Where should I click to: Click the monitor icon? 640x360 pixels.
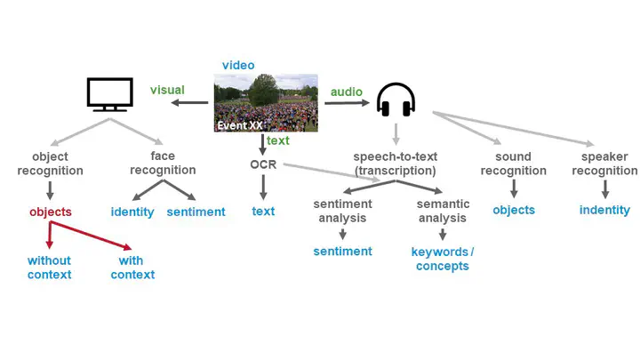[x=110, y=94]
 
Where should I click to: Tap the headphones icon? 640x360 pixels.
[x=396, y=100]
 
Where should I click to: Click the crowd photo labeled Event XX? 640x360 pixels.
[x=266, y=103]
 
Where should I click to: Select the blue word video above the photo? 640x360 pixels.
[x=238, y=65]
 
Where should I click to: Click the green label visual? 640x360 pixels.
[x=167, y=90]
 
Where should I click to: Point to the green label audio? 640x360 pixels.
[x=347, y=92]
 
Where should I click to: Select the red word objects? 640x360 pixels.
[x=50, y=212]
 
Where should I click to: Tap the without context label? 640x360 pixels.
[x=49, y=268]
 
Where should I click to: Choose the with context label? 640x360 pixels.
[x=132, y=268]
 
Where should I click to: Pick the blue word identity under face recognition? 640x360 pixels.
[x=132, y=212]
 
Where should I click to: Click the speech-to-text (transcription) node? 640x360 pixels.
[x=395, y=164]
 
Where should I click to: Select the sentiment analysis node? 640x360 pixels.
[x=342, y=210]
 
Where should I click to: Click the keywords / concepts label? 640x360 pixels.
[x=442, y=259]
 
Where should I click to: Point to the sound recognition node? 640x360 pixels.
[x=514, y=164]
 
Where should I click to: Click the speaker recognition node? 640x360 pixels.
[x=604, y=164]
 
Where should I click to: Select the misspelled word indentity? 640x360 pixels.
[x=604, y=211]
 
